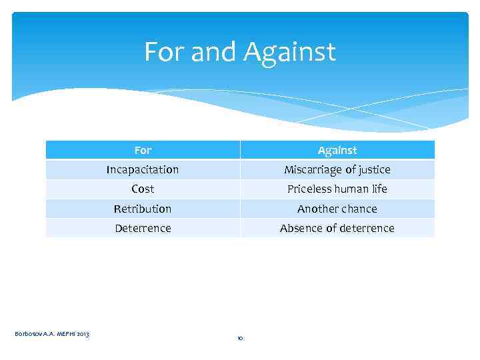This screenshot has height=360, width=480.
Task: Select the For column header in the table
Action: (143, 150)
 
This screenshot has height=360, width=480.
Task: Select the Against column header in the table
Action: (337, 150)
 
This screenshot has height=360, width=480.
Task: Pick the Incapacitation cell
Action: (143, 169)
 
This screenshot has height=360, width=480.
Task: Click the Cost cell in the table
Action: (143, 189)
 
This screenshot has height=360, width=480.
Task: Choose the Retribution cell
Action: (143, 209)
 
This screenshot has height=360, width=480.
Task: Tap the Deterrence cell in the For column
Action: (143, 228)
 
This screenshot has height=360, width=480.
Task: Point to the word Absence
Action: (301, 228)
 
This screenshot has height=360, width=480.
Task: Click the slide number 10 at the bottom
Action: (240, 339)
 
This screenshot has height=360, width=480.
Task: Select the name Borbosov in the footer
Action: (28, 333)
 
